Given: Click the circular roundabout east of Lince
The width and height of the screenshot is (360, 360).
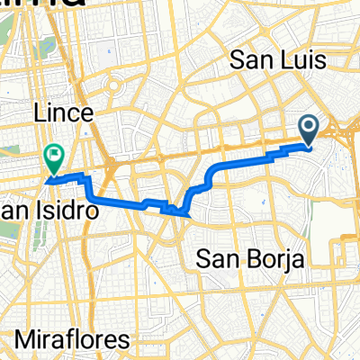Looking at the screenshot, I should (x=115, y=88).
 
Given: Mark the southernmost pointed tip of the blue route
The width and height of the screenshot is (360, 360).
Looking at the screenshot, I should (x=190, y=216).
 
